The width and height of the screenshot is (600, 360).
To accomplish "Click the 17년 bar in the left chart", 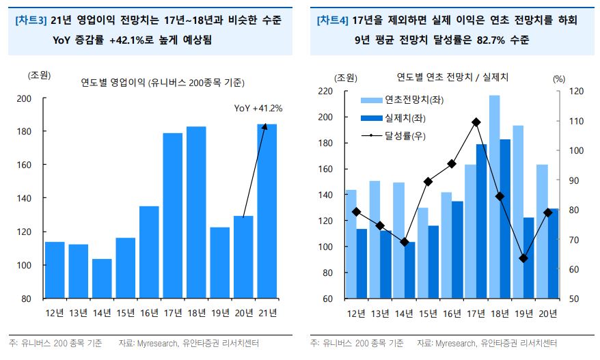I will click(173, 215).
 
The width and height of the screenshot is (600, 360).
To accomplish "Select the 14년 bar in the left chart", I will click(102, 278).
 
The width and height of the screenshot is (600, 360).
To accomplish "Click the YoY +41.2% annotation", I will click(258, 108).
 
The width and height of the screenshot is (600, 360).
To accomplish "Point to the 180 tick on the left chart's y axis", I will click(23, 131).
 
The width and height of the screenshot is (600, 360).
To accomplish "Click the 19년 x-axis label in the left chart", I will click(220, 313).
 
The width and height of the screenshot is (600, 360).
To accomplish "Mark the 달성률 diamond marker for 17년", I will click(476, 122).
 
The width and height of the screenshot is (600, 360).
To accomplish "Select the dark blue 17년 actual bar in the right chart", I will click(482, 221).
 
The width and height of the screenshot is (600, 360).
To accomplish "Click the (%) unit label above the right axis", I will click(559, 79).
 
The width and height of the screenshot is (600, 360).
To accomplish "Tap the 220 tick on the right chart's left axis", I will click(325, 91).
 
